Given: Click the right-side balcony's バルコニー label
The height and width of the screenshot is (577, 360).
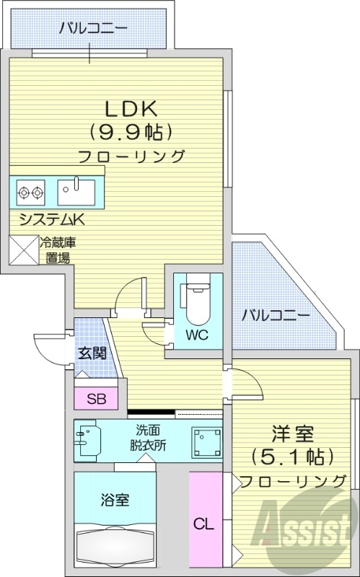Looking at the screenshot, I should click(276, 315).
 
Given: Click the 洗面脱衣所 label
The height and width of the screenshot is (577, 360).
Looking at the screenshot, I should click(147, 438).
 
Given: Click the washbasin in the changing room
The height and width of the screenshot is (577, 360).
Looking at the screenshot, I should click(86, 440).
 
